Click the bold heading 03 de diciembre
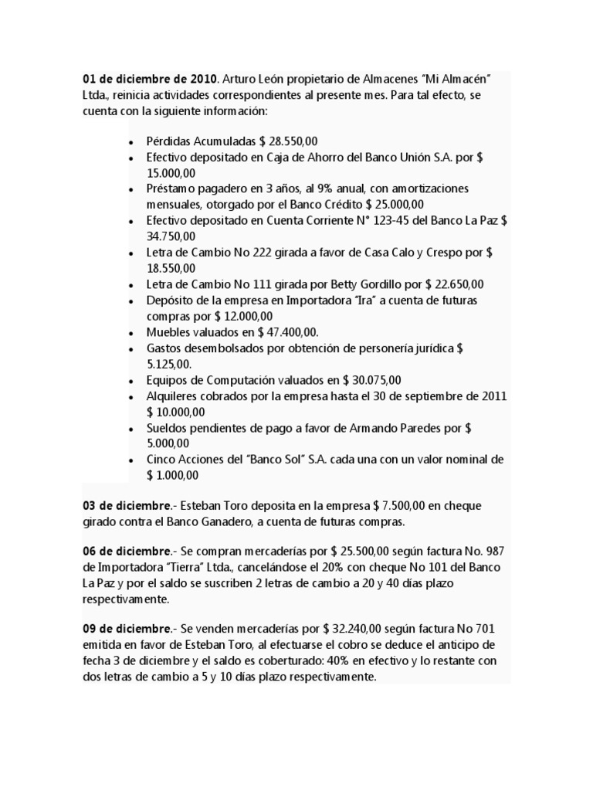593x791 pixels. coord(127,505)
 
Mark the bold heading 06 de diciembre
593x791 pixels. coord(127,552)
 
